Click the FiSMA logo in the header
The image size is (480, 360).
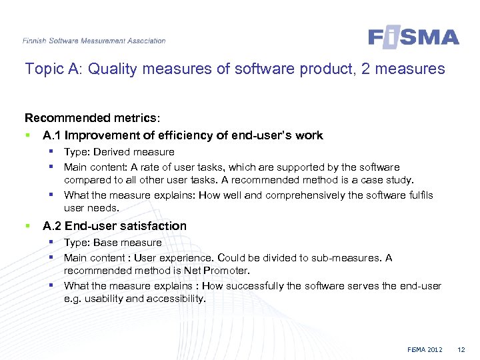point(413,37)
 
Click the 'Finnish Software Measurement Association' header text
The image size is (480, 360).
point(94,41)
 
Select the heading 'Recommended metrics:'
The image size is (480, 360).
point(92,118)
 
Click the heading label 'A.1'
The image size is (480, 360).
point(53,135)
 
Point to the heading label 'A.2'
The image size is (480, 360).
point(53,226)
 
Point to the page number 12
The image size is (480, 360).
point(461,350)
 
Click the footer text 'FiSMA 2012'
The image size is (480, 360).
point(425,350)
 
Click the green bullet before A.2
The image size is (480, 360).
point(27,226)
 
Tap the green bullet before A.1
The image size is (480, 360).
point(27,135)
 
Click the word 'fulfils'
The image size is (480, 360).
point(417,195)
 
